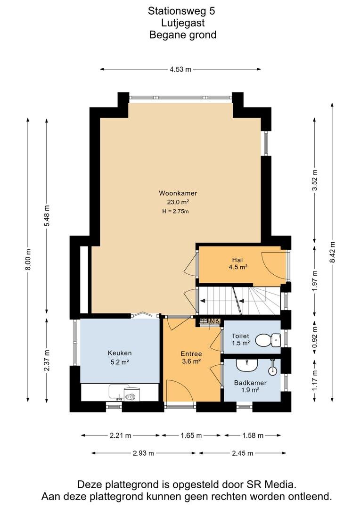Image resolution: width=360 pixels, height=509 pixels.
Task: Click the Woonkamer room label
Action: [x=178, y=193]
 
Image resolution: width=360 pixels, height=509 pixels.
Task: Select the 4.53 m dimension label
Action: [x=180, y=69]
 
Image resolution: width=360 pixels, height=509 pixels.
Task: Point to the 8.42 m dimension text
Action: [x=332, y=252]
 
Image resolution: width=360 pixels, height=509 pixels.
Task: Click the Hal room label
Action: [x=237, y=260]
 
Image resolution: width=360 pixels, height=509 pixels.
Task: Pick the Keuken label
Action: [x=120, y=353]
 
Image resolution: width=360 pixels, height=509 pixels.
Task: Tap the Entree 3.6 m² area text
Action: [x=191, y=361]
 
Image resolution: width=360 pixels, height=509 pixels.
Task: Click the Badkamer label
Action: [x=250, y=383]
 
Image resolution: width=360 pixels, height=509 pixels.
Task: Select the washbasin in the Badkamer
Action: [x=247, y=365]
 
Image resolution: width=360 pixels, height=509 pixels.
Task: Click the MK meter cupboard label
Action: [x=214, y=321]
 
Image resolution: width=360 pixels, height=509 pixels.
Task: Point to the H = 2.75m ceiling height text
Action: [x=176, y=212]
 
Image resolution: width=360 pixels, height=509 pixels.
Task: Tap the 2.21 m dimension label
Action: [x=121, y=435]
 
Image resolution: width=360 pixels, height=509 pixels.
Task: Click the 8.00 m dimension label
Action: [x=28, y=259]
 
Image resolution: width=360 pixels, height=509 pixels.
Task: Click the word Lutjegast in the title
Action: [x=183, y=23]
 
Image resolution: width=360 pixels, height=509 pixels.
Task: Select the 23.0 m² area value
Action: [x=178, y=202]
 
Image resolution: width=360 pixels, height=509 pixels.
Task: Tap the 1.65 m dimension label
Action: [x=191, y=435]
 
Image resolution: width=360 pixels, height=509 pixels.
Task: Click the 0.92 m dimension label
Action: [x=314, y=337]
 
